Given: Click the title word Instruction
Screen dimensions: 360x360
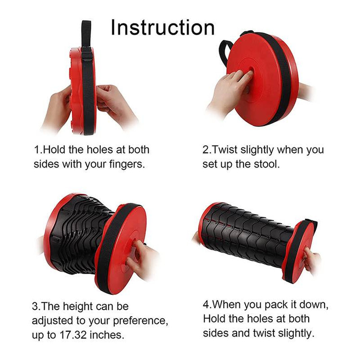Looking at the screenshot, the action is click(163, 27).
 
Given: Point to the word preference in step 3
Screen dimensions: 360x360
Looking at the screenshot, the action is click(141, 321).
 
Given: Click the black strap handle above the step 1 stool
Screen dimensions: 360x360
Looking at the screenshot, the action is click(86, 35).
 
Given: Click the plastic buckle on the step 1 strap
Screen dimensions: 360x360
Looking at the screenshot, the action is click(87, 54).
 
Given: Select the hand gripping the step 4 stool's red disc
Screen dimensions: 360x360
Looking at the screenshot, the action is click(312, 262).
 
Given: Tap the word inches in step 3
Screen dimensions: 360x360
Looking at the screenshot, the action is click(107, 335).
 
